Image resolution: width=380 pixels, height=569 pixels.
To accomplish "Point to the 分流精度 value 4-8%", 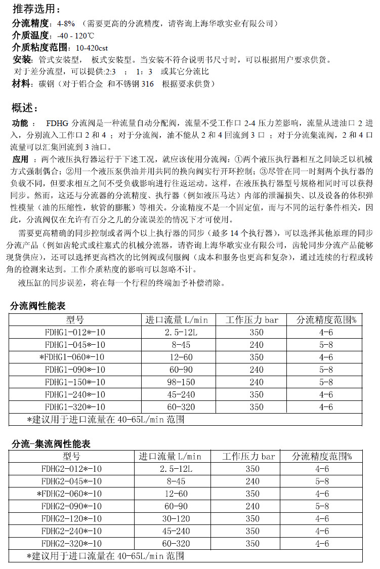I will pyautogui.click(x=66, y=23).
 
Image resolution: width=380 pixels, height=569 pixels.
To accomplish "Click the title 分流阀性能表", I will pyautogui.click(x=38, y=306).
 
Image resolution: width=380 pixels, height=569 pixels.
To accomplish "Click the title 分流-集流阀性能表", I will pyautogui.click(x=51, y=444).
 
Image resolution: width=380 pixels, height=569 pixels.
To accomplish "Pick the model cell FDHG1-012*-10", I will pyautogui.click(x=74, y=332).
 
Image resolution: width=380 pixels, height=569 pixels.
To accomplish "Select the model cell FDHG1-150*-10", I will pyautogui.click(x=74, y=382).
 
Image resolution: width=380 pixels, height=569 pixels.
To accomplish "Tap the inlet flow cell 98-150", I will pyautogui.click(x=180, y=382).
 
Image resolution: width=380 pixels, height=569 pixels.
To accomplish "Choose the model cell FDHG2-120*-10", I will pyautogui.click(x=71, y=518).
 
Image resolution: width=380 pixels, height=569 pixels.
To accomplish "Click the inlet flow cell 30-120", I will pyautogui.click(x=170, y=518).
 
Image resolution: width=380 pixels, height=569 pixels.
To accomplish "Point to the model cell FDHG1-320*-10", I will pyautogui.click(x=74, y=407).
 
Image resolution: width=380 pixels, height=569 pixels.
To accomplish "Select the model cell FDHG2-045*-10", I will pyautogui.click(x=71, y=481).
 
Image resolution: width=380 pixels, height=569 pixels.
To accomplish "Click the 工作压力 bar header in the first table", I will pyautogui.click(x=252, y=320).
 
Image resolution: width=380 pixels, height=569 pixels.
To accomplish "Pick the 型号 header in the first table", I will pyautogui.click(x=74, y=320).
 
